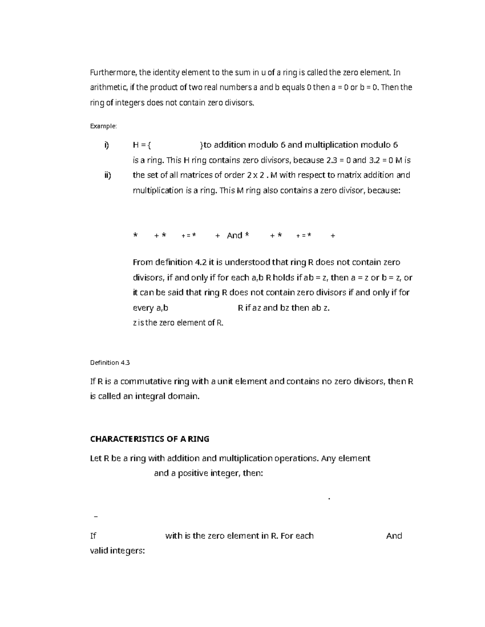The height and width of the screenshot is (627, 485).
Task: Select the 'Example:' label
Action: [103, 126]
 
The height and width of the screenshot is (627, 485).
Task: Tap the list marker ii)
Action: [107, 175]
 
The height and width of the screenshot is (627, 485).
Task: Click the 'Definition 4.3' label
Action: [110, 363]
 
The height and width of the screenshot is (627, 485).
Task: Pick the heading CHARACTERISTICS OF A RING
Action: [150, 439]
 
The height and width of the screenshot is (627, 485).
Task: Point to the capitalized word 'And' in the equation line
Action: [234, 235]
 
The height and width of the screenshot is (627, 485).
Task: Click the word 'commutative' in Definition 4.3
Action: [146, 381]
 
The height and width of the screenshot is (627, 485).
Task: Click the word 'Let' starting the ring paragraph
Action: [95, 458]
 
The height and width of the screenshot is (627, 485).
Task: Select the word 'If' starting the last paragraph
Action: [93, 536]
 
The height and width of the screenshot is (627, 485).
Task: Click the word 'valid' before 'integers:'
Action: [99, 551]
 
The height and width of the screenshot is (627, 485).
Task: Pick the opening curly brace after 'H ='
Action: [150, 145]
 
